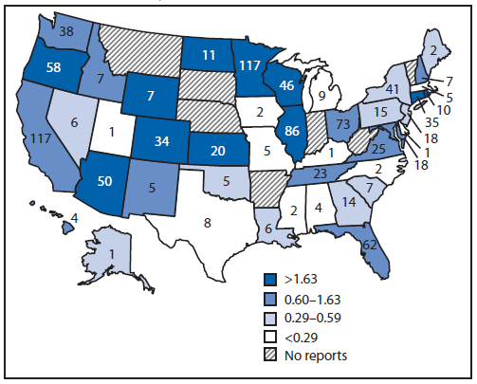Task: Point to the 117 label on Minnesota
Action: (249, 65)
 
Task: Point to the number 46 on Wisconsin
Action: (285, 83)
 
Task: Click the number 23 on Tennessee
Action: (320, 173)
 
